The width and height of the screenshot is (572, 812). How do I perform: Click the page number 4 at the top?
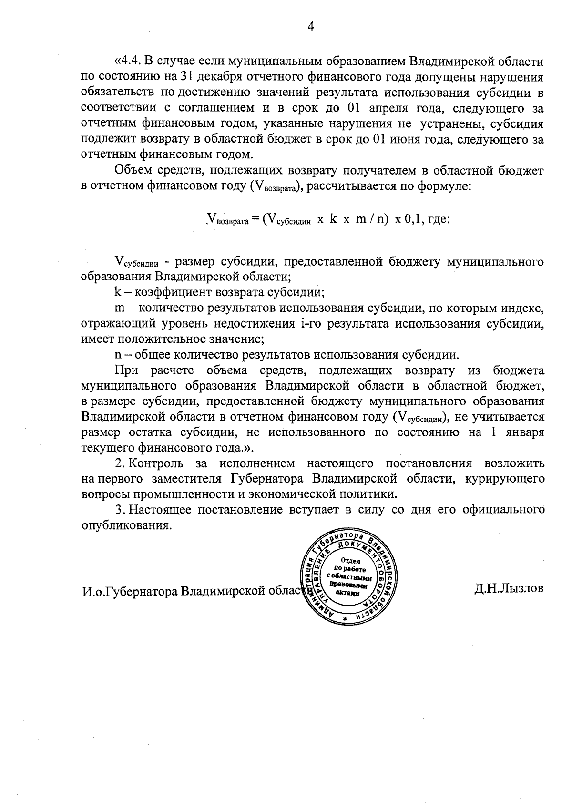pyautogui.click(x=310, y=27)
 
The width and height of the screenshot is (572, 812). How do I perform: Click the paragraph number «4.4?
pyautogui.click(x=128, y=62)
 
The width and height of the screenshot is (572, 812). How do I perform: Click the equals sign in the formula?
pyautogui.click(x=255, y=220)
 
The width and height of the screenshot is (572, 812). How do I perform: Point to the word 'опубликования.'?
pyautogui.click(x=126, y=525)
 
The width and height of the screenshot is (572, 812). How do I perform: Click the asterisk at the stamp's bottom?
pyautogui.click(x=345, y=618)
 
